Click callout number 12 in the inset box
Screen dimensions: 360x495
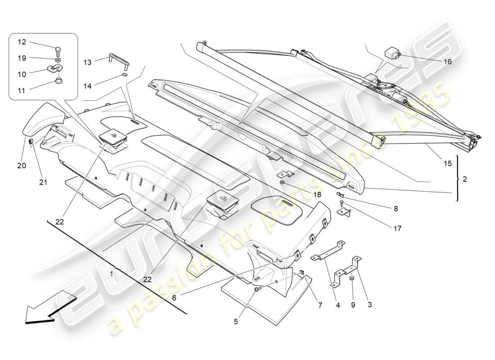coord(22,42)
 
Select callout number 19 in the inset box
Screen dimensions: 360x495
coord(22,58)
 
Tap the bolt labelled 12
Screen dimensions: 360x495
coord(58,50)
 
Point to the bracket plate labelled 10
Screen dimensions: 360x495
coord(55,69)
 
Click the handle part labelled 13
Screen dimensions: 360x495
coord(117,58)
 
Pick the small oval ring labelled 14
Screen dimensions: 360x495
coord(125,75)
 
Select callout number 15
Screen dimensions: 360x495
coord(447,164)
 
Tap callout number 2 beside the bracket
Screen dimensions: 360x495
coord(464,179)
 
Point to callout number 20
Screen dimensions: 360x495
coord(22,166)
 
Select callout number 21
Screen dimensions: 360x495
coord(43,182)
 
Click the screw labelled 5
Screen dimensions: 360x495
coord(256,291)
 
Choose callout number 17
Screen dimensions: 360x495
coord(397,229)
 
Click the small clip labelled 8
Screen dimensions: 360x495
coord(341,194)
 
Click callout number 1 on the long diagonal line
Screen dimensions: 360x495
coord(112,273)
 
